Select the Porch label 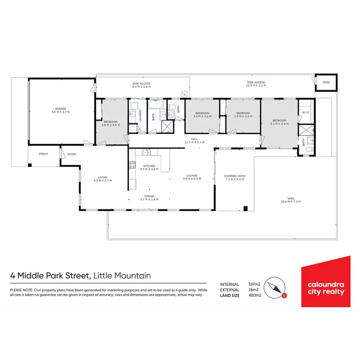44,154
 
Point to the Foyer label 72,154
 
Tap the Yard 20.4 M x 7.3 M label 290,199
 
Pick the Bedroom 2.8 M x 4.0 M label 110,123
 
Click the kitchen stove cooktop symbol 132,166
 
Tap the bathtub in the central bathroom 155,105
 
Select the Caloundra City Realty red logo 326,283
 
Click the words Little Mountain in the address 122,276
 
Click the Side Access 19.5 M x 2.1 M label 255,84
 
